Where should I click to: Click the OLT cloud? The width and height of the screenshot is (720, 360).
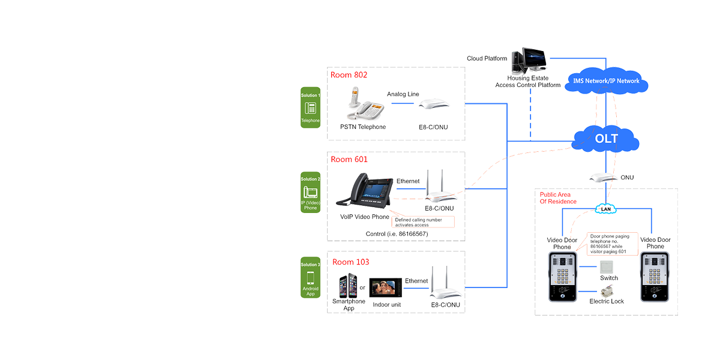[606, 139]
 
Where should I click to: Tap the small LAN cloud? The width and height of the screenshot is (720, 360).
[605, 208]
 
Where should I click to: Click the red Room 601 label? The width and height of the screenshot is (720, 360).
[349, 159]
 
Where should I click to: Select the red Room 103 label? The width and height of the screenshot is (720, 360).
[349, 262]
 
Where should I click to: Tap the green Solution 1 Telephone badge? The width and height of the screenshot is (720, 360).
[311, 108]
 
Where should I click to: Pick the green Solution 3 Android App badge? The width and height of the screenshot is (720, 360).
[311, 280]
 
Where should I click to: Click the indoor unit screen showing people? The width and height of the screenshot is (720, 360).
[384, 286]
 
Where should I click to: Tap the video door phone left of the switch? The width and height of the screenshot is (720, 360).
[562, 276]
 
